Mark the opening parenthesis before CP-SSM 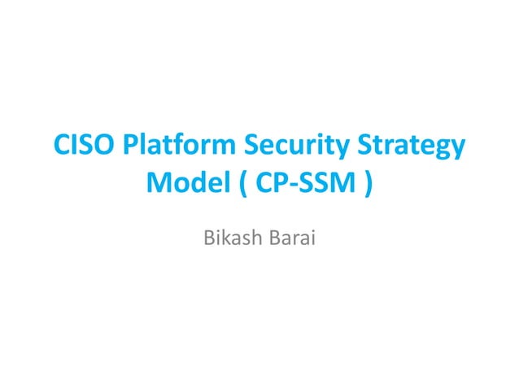(x=243, y=186)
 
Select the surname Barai (x=292, y=239)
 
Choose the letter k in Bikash (x=225, y=239)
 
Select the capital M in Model (x=158, y=186)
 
